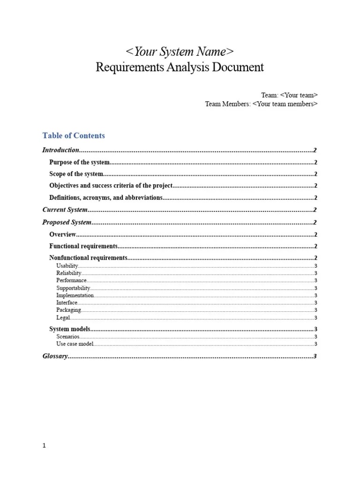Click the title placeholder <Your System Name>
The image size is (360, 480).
tap(180, 51)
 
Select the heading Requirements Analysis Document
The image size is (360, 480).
tap(180, 67)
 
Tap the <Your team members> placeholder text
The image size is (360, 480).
tap(285, 104)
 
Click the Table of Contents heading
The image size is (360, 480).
tap(74, 135)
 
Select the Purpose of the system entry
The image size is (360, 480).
tap(80, 162)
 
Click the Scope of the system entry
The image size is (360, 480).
tap(76, 174)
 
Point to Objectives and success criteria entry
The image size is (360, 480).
tap(111, 186)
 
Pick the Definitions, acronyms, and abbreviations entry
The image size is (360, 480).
tap(106, 198)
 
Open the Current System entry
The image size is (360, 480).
tap(65, 210)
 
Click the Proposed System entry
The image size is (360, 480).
tap(67, 222)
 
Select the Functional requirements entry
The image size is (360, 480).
tap(83, 246)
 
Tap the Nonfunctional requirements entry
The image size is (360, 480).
tap(88, 258)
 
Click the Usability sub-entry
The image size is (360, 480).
tap(67, 266)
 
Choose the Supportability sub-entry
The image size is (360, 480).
tap(73, 288)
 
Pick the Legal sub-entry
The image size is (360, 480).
tap(63, 318)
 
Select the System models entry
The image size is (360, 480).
tap(70, 329)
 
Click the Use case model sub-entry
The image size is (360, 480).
tap(75, 344)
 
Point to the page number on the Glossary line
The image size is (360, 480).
tap(315, 356)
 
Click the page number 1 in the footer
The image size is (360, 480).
tap(44, 446)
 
